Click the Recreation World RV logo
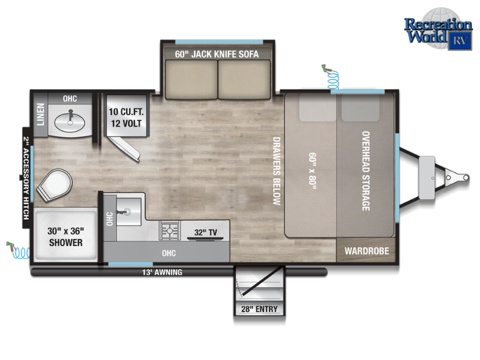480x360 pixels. (x=438, y=29)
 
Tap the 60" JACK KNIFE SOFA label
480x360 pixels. (x=217, y=54)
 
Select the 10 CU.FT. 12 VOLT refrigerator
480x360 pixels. (x=126, y=115)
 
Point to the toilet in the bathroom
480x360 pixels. (x=55, y=185)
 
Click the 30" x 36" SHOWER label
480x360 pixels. (x=65, y=236)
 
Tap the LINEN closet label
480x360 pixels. (x=40, y=114)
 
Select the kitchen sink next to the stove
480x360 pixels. (x=129, y=211)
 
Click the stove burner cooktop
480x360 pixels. (x=170, y=230)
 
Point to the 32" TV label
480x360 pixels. (x=205, y=232)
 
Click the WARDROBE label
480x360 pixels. (x=367, y=251)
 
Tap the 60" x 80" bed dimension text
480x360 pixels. (x=312, y=171)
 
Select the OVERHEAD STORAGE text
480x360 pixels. (x=366, y=171)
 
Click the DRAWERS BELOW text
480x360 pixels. (x=277, y=170)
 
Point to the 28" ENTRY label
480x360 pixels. (x=259, y=309)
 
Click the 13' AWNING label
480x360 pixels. (x=162, y=272)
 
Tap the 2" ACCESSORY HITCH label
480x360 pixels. (x=26, y=178)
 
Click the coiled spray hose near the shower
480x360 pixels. (x=19, y=250)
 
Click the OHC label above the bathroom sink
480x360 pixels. (x=70, y=98)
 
